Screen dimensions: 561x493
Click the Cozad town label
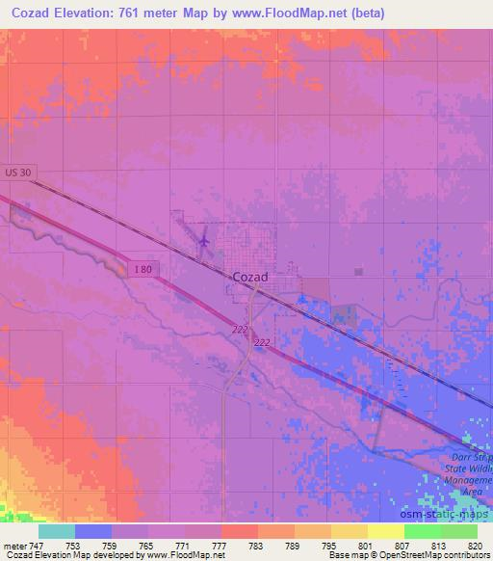[x=250, y=277]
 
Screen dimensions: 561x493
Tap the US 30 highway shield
[x=19, y=171]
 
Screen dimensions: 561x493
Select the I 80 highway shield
[x=141, y=270]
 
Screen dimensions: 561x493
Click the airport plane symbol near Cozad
[x=203, y=236]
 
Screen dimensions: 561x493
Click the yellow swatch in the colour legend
[x=385, y=531]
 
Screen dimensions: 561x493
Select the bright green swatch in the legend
[x=422, y=531]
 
